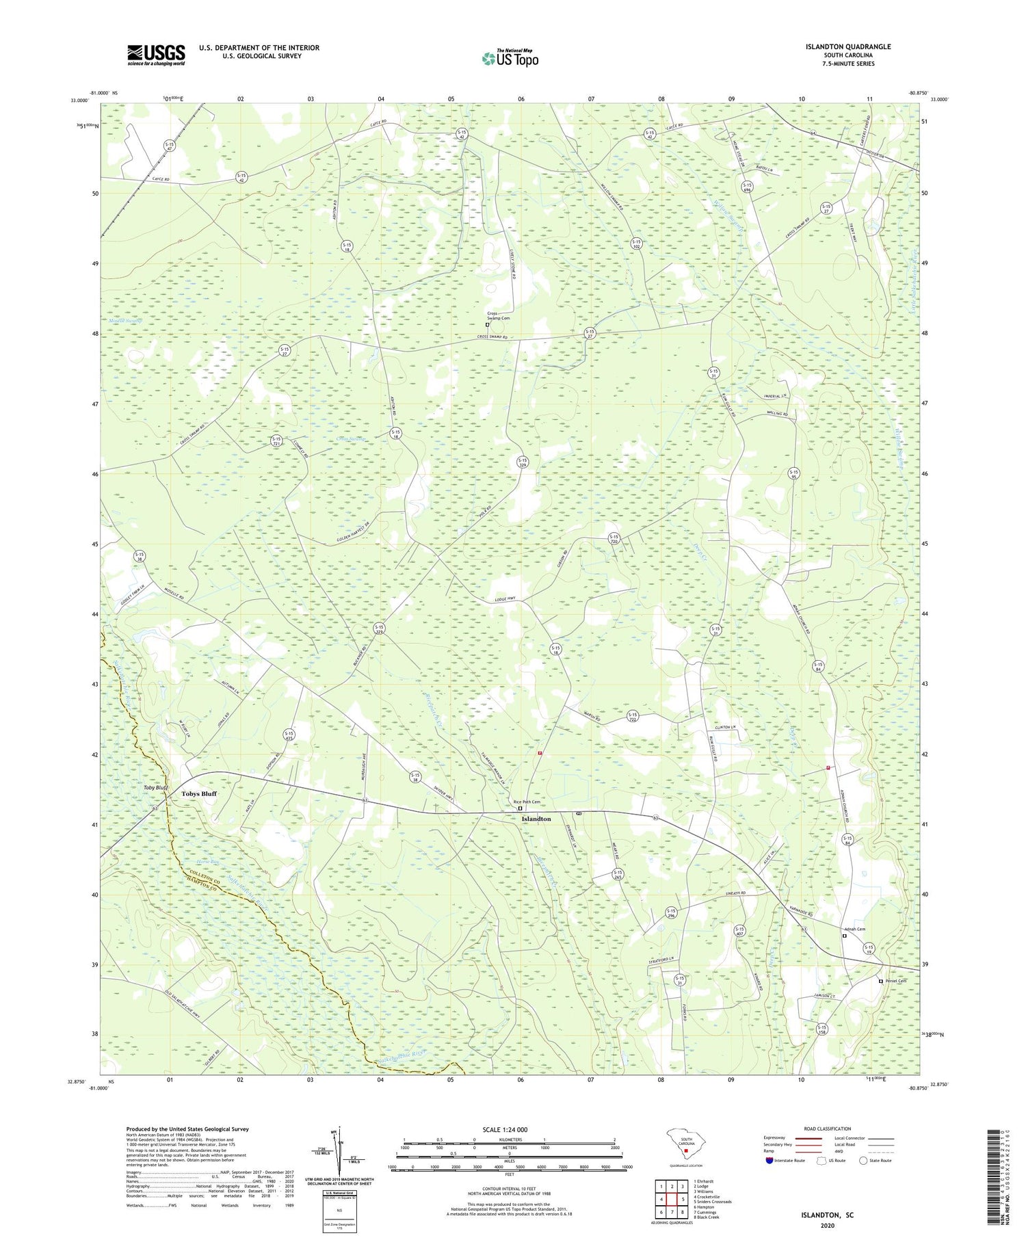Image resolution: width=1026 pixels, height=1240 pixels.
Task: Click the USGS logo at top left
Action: click(156, 55)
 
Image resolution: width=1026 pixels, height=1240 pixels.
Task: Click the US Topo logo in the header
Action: click(510, 59)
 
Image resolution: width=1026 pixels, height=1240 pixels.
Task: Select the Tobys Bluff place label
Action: click(199, 794)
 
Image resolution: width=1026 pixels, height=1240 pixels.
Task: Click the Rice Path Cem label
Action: click(527, 802)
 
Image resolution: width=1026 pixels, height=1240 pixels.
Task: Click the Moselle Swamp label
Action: click(125, 321)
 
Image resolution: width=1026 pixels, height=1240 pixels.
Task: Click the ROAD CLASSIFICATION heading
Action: click(828, 1129)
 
